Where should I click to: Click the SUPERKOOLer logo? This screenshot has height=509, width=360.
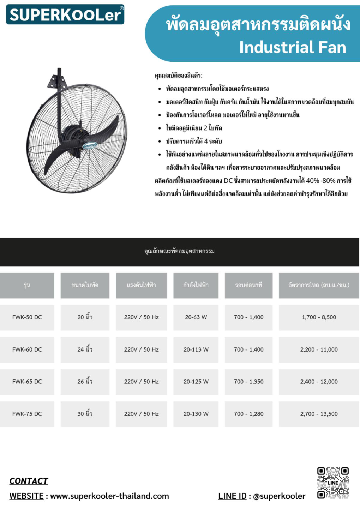click(65, 14)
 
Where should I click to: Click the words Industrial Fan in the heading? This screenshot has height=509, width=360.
click(293, 47)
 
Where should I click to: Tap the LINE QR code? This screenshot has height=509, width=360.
click(333, 483)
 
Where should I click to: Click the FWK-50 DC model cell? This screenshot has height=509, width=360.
click(27, 317)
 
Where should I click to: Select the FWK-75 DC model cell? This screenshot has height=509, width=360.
click(27, 414)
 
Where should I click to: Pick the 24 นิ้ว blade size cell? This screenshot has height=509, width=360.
click(85, 349)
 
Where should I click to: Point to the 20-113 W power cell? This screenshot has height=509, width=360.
click(196, 349)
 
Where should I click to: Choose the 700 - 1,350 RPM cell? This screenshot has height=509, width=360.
click(248, 382)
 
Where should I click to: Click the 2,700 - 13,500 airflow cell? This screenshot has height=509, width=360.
click(319, 414)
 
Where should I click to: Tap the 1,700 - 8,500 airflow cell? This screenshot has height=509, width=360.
click(319, 317)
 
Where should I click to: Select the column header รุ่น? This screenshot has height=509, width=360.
click(27, 285)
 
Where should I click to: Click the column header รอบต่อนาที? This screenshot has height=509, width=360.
click(248, 285)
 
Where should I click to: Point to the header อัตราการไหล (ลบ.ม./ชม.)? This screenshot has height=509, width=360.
click(319, 285)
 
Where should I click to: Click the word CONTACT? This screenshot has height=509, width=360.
click(29, 481)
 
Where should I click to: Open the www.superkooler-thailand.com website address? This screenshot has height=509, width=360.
click(109, 496)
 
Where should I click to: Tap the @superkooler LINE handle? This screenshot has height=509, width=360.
click(279, 496)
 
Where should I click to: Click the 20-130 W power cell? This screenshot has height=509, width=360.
click(196, 414)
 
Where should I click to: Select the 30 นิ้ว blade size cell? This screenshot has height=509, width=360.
click(85, 414)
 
